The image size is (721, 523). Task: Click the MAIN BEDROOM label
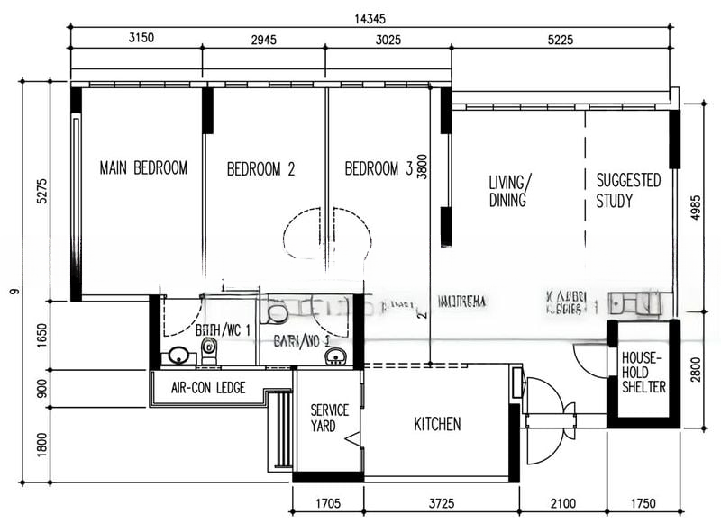pos(143,167)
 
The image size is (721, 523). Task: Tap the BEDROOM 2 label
pos(260,168)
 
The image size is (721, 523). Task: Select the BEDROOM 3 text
pos(378,168)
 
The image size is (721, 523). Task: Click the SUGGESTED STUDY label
pos(628,191)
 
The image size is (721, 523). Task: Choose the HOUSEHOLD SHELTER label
pos(643,372)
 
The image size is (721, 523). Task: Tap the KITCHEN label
pos(437,424)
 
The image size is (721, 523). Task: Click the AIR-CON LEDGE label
pos(207,389)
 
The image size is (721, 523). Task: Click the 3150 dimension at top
pos(136,39)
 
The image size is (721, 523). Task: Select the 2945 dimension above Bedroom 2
pos(263,39)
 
